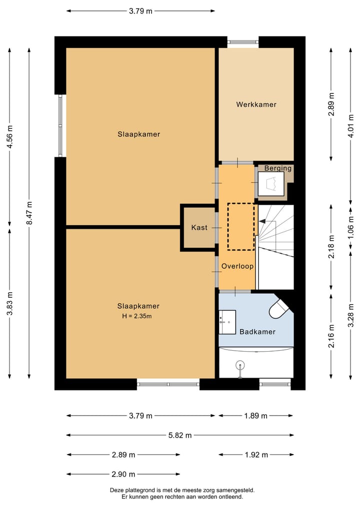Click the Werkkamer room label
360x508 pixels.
pos(256,104)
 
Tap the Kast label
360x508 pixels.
pos(199,227)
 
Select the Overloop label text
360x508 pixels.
pos(237,266)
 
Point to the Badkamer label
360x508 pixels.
pos(257,332)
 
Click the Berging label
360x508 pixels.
pos(277,168)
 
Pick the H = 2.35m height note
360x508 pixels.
pos(137,316)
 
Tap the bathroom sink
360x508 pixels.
pos(227,322)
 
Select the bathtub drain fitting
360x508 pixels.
pos(240,369)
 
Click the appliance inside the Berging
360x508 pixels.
pos(271,184)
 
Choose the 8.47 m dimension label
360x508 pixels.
pos(29,213)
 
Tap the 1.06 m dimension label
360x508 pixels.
pos(350,227)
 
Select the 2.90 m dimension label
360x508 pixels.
pos(123,475)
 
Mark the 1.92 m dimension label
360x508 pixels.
pos(256,455)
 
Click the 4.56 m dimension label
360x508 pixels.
pos(10,136)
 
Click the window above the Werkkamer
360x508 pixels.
pos(243,42)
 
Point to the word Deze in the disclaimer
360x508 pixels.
pos(116,490)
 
